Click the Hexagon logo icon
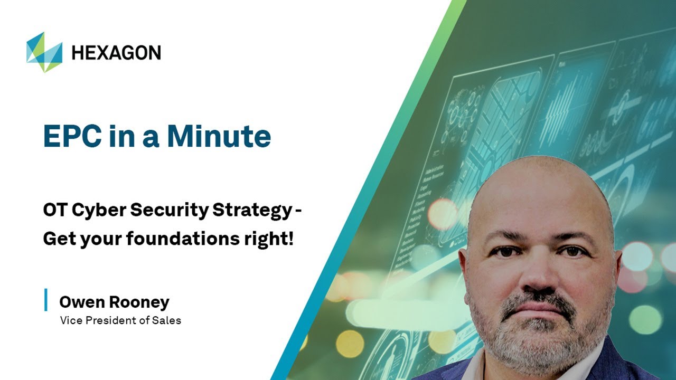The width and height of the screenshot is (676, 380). click(x=44, y=52)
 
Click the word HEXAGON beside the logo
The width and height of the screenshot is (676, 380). click(x=116, y=52)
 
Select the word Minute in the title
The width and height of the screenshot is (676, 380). click(x=219, y=136)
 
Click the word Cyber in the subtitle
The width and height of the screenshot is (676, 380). click(x=97, y=210)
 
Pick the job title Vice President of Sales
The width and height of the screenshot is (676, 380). click(x=120, y=320)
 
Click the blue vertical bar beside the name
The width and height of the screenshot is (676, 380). click(x=46, y=300)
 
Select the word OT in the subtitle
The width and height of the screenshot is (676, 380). click(x=54, y=210)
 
